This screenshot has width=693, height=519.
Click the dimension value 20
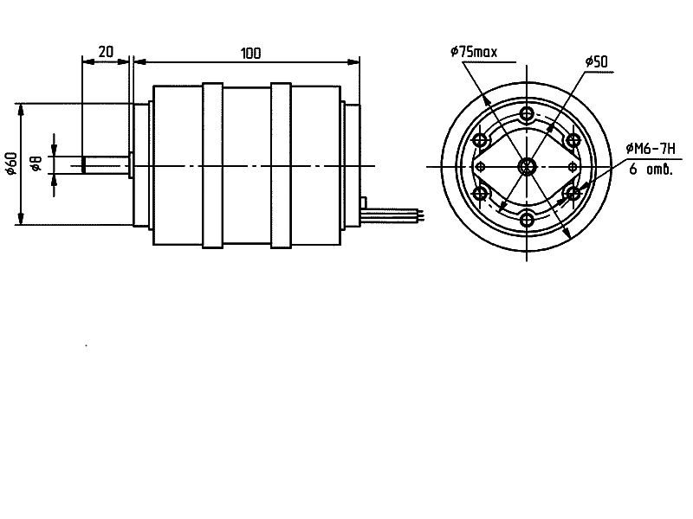pos(106,52)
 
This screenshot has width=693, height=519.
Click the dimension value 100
pos(250,53)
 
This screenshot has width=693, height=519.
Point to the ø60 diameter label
pos(10,164)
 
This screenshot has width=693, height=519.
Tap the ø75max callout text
pos(474,53)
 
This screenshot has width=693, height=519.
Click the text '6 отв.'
pos(651,170)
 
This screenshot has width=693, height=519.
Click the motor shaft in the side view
pos(105,164)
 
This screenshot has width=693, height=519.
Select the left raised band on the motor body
pos(213,165)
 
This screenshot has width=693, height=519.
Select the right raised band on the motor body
pos(281,165)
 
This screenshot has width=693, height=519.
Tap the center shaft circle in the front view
pos(528,166)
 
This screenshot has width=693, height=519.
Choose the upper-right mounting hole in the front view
pos(572,140)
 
